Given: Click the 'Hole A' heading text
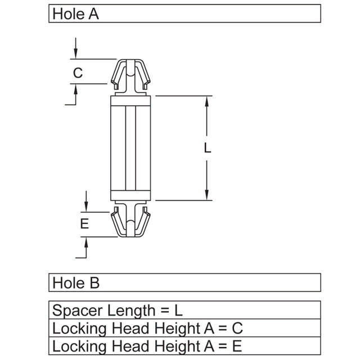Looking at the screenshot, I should pos(75,14).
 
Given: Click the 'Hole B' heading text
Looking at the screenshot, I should pos(75,282).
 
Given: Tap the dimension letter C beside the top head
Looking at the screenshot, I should pos(78,73).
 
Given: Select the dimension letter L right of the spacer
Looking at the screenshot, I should pos(208,148).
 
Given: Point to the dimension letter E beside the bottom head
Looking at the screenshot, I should pos(84,224).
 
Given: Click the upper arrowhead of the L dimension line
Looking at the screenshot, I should pos(208,101).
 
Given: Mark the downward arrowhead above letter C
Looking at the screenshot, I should pos(75,55).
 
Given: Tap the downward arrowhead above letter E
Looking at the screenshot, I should pos(85,208).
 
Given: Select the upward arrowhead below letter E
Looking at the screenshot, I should pos(85,241).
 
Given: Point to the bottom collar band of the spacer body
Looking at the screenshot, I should pos(130,195).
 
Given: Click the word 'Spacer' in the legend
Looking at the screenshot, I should pos(74,310).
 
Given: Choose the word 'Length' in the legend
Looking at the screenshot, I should pos(130,310).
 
